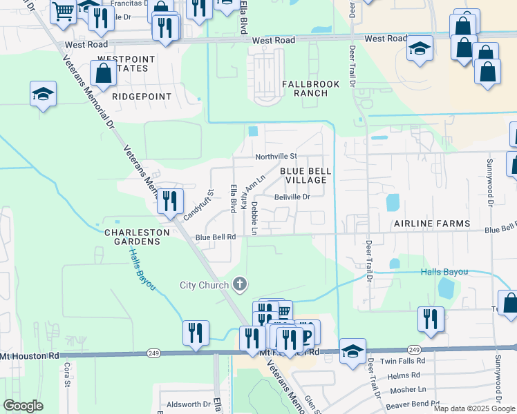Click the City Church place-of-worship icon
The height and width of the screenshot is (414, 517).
pos(240,284)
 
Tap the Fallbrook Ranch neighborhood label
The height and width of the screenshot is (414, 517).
pos(311,88)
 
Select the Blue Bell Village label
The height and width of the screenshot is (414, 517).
pos(303,175)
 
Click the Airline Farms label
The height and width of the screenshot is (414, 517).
pos(431,224)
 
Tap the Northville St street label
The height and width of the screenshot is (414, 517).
pos(276,157)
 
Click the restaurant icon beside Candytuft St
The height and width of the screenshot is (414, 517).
pos(169,201)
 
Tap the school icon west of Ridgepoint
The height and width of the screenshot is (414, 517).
pos(43,94)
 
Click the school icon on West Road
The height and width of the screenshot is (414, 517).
pos(420,49)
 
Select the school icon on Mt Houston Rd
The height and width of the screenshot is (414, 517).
pos(352,351)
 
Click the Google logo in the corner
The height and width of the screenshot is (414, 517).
pos(23,406)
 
